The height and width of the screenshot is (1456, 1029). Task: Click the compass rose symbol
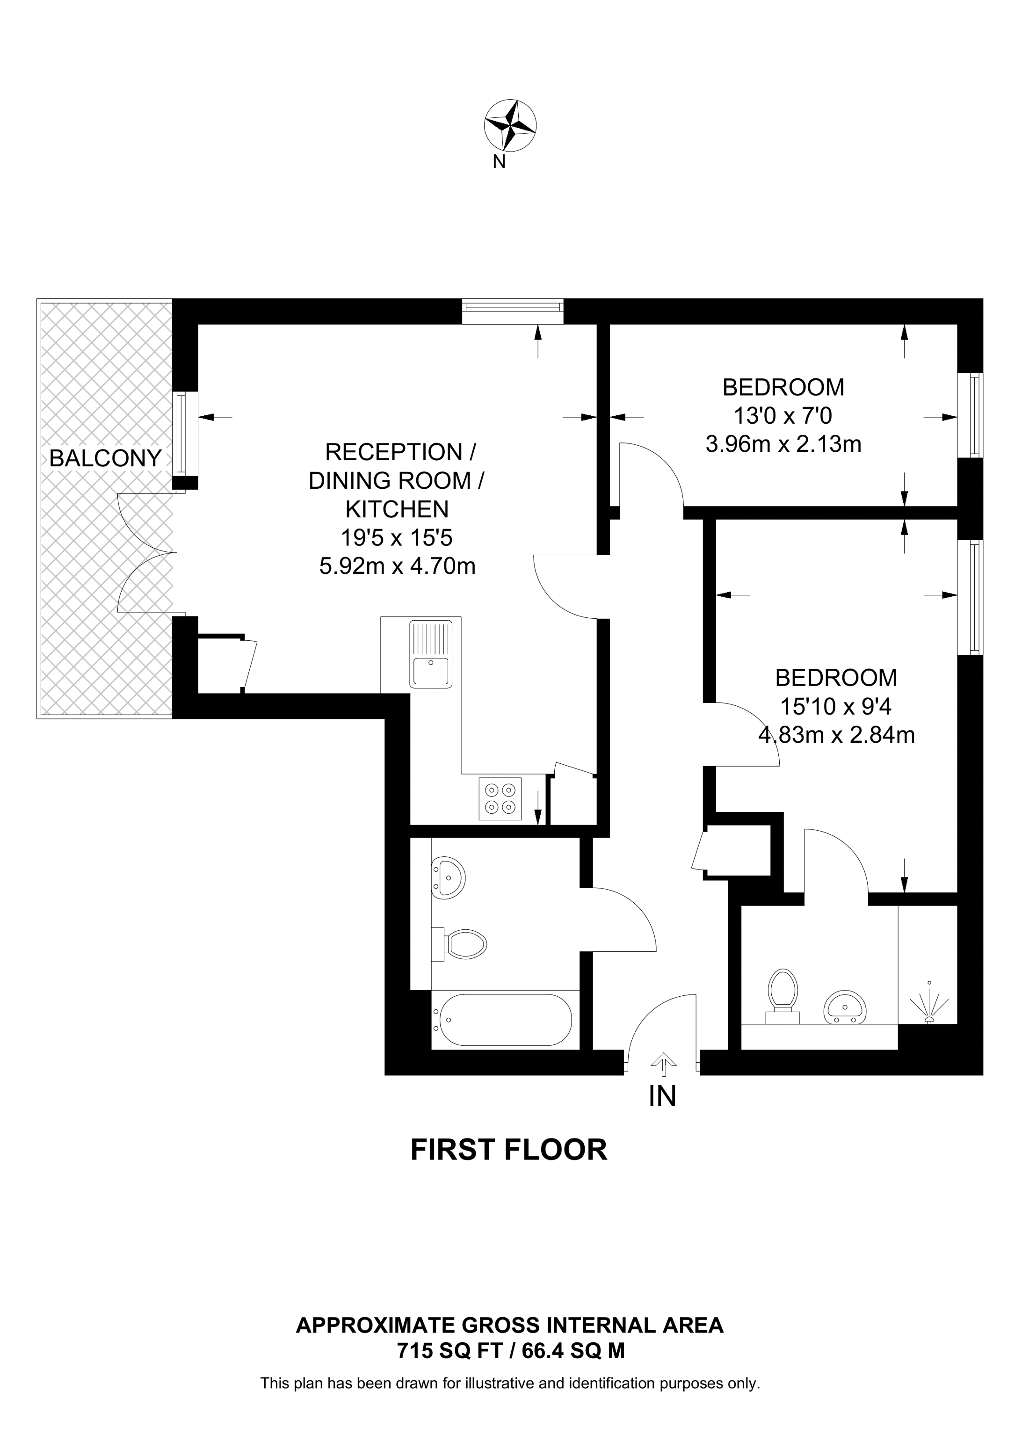coord(510,125)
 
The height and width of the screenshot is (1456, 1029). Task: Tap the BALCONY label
coord(105,458)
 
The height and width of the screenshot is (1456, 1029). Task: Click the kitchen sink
coord(431,654)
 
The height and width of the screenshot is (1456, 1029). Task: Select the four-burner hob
coord(500,799)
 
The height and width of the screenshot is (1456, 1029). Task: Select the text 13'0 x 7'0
coord(783,416)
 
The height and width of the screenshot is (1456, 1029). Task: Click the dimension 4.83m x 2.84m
coord(836,735)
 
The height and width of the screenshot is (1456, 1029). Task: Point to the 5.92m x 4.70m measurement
coord(397,565)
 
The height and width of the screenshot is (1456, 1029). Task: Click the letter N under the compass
coord(499,162)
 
